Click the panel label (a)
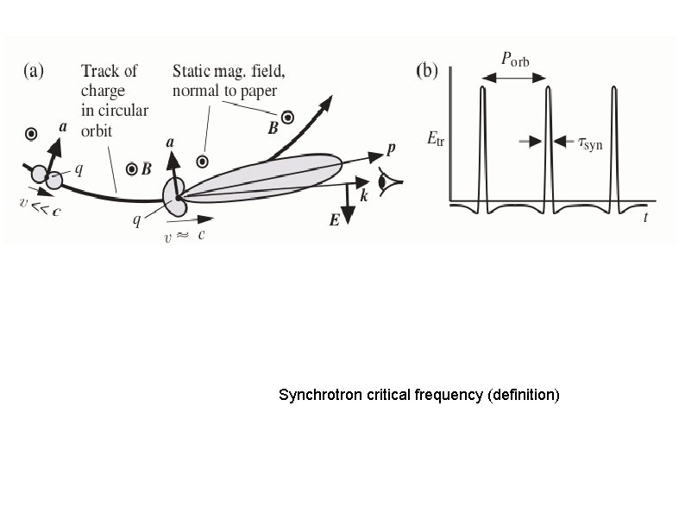pos(36,72)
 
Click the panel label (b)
pos(429,72)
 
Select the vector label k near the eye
pos(364,197)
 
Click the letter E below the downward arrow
pos(334,220)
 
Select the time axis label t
pos(644,218)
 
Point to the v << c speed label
pos(39,207)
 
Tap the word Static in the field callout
pos(194,70)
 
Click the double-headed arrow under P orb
pos(515,78)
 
